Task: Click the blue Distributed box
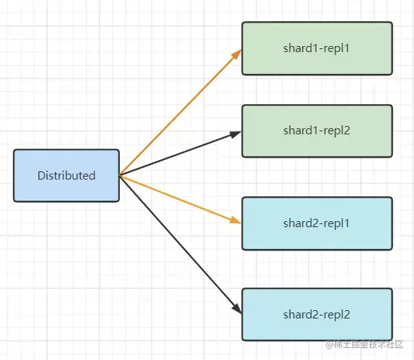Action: click(x=66, y=176)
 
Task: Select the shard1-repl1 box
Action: click(x=317, y=48)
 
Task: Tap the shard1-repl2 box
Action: click(x=317, y=131)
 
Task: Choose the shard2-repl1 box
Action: click(x=317, y=223)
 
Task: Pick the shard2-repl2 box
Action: click(x=317, y=315)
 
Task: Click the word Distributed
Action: click(x=66, y=176)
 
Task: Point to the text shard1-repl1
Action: click(x=316, y=48)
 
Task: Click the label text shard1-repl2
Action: click(x=317, y=131)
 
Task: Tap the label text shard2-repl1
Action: click(x=316, y=223)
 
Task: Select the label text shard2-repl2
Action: click(x=317, y=315)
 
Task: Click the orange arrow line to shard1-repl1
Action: click(x=180, y=112)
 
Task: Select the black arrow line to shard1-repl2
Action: click(x=180, y=153)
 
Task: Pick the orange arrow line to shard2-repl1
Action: click(x=180, y=199)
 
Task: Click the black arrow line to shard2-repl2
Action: click(x=180, y=245)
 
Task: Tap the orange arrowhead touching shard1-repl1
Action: click(x=237, y=54)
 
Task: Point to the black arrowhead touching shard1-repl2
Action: click(x=236, y=134)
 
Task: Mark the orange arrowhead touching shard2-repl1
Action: click(x=235, y=220)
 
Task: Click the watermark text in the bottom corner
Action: click(x=364, y=344)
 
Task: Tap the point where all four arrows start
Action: click(x=120, y=175)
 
